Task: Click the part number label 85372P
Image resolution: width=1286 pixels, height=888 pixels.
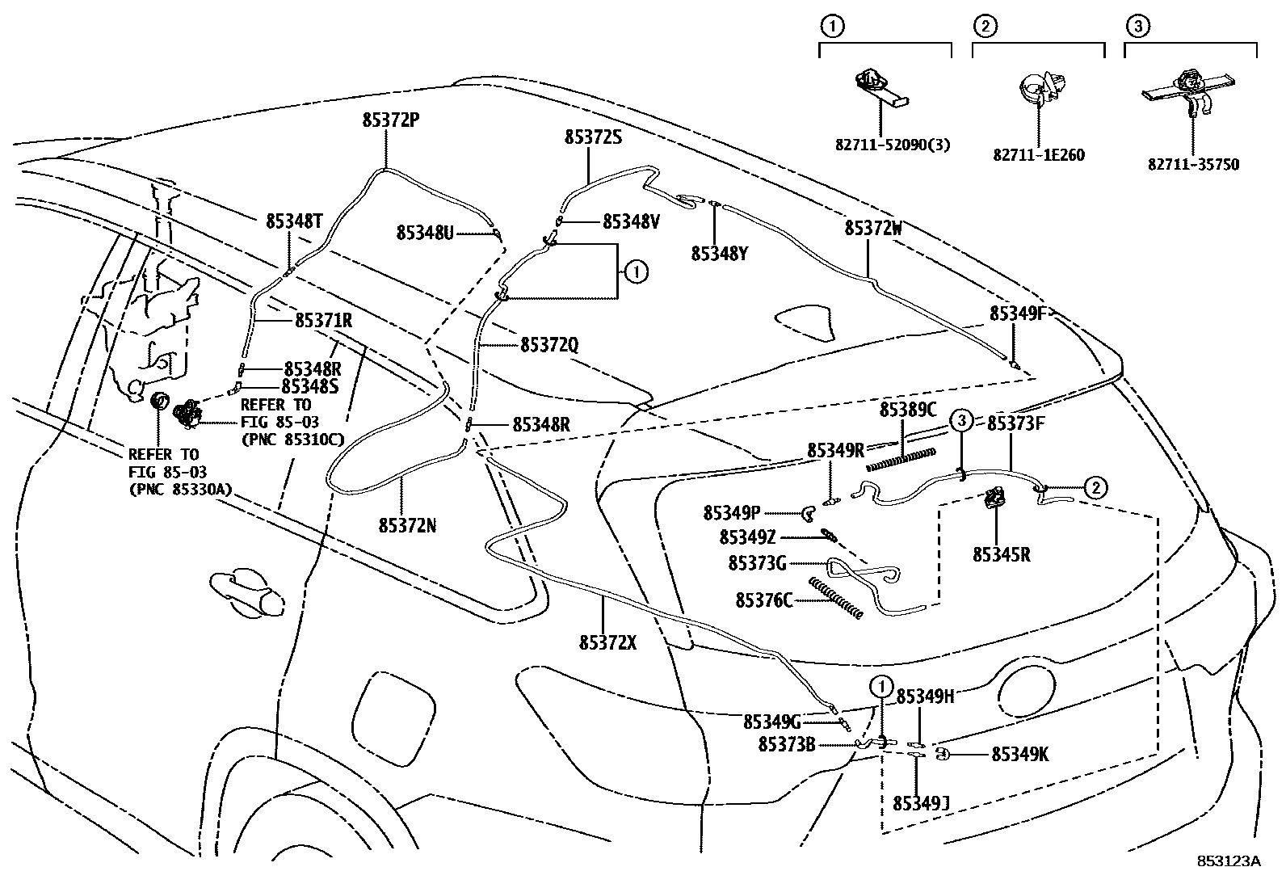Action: [390, 120]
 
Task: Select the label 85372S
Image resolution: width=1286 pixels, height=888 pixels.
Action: [593, 137]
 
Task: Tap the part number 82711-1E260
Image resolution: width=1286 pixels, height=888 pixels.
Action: [1038, 155]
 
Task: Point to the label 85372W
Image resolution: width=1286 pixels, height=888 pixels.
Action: [873, 229]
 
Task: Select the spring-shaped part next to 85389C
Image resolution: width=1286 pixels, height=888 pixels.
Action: [900, 460]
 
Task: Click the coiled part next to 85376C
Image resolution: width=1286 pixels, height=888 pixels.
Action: [835, 599]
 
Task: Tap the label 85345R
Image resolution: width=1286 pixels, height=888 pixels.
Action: [1001, 554]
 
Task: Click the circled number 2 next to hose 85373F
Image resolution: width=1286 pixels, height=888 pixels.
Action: [1095, 487]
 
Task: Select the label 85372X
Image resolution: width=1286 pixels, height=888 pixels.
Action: [607, 642]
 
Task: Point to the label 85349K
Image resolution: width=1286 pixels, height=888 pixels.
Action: [1019, 754]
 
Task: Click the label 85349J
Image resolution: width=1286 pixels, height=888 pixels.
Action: [920, 803]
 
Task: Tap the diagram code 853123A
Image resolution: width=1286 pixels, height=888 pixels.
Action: [1229, 861]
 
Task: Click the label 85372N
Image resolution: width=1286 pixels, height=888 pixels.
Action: [407, 525]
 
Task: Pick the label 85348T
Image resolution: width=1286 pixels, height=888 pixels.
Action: [295, 221]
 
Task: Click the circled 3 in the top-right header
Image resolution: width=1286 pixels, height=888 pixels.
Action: [1136, 27]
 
